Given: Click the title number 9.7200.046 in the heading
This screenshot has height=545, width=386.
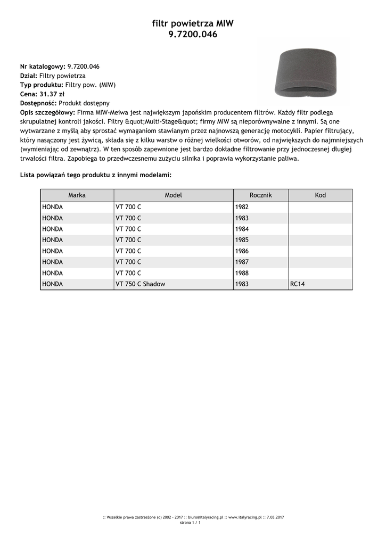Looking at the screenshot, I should point(193,35).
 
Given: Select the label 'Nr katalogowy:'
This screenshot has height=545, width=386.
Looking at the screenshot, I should point(43,67).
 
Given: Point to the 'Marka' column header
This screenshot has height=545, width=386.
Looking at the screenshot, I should point(77,195).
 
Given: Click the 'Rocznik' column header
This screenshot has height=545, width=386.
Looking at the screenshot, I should point(260,195).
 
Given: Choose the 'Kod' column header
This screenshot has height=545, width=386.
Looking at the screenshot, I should point(320,195).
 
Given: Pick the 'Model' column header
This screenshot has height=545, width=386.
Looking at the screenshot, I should point(173,195).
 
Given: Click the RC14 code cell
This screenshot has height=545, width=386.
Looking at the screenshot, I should point(298,284).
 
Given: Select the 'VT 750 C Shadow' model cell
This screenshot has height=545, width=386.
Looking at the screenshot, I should point(140,284).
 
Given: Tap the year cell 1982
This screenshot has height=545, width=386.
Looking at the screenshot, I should point(242,207).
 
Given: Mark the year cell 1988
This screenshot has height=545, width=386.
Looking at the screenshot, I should point(242,273).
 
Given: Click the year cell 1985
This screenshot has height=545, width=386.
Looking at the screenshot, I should point(242,240).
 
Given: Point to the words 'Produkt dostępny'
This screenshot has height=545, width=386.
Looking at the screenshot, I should point(84,103).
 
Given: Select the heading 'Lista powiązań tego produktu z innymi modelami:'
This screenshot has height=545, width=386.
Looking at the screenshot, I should point(96,175).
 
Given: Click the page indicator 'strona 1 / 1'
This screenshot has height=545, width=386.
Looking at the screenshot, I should point(190,523).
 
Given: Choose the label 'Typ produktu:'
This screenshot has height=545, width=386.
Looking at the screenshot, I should point(42,85).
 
